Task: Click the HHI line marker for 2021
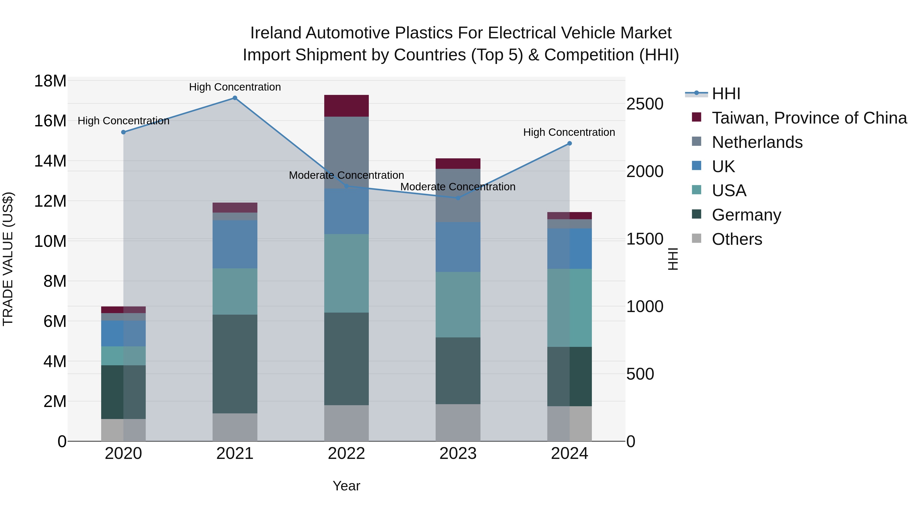pyautogui.click(x=235, y=98)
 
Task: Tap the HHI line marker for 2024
pyautogui.click(x=569, y=143)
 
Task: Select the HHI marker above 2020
pyautogui.click(x=123, y=132)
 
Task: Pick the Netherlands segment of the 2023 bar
pyautogui.click(x=458, y=195)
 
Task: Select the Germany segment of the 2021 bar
pyautogui.click(x=235, y=364)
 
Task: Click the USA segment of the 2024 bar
pyautogui.click(x=569, y=308)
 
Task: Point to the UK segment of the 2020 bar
pyautogui.click(x=123, y=334)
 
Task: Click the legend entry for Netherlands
pyautogui.click(x=757, y=142)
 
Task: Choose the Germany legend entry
pyautogui.click(x=746, y=215)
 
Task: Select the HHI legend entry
pyautogui.click(x=726, y=94)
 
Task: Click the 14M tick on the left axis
pyautogui.click(x=50, y=161)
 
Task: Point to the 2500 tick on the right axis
pyautogui.click(x=645, y=104)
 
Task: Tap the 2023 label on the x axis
pyautogui.click(x=458, y=454)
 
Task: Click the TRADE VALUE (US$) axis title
pyautogui.click(x=8, y=259)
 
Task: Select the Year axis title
pyautogui.click(x=346, y=486)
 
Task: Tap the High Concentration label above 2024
pyautogui.click(x=569, y=132)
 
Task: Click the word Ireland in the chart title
pyautogui.click(x=275, y=33)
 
